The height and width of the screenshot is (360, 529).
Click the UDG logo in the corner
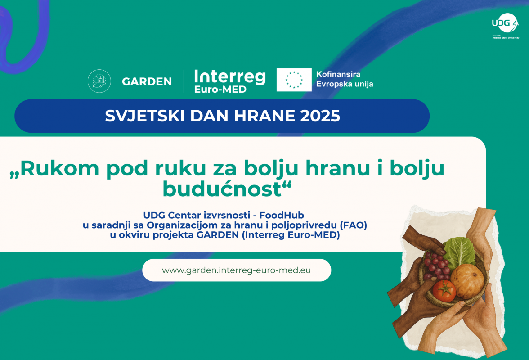click(x=506, y=26)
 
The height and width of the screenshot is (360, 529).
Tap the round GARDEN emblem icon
click(x=99, y=81)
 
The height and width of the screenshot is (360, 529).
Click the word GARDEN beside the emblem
click(x=147, y=81)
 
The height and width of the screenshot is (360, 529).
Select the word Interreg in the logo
click(x=230, y=77)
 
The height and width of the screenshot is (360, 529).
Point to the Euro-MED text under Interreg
click(x=220, y=90)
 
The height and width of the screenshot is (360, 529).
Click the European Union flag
click(x=294, y=80)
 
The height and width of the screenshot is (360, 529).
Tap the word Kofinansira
click(x=338, y=74)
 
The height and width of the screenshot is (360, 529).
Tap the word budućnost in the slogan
click(x=222, y=189)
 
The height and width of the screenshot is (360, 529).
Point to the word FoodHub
click(x=282, y=215)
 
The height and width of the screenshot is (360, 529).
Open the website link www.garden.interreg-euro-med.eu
click(x=236, y=270)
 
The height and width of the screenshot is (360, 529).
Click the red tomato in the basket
click(x=444, y=290)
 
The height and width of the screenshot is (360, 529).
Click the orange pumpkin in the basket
click(x=467, y=281)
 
